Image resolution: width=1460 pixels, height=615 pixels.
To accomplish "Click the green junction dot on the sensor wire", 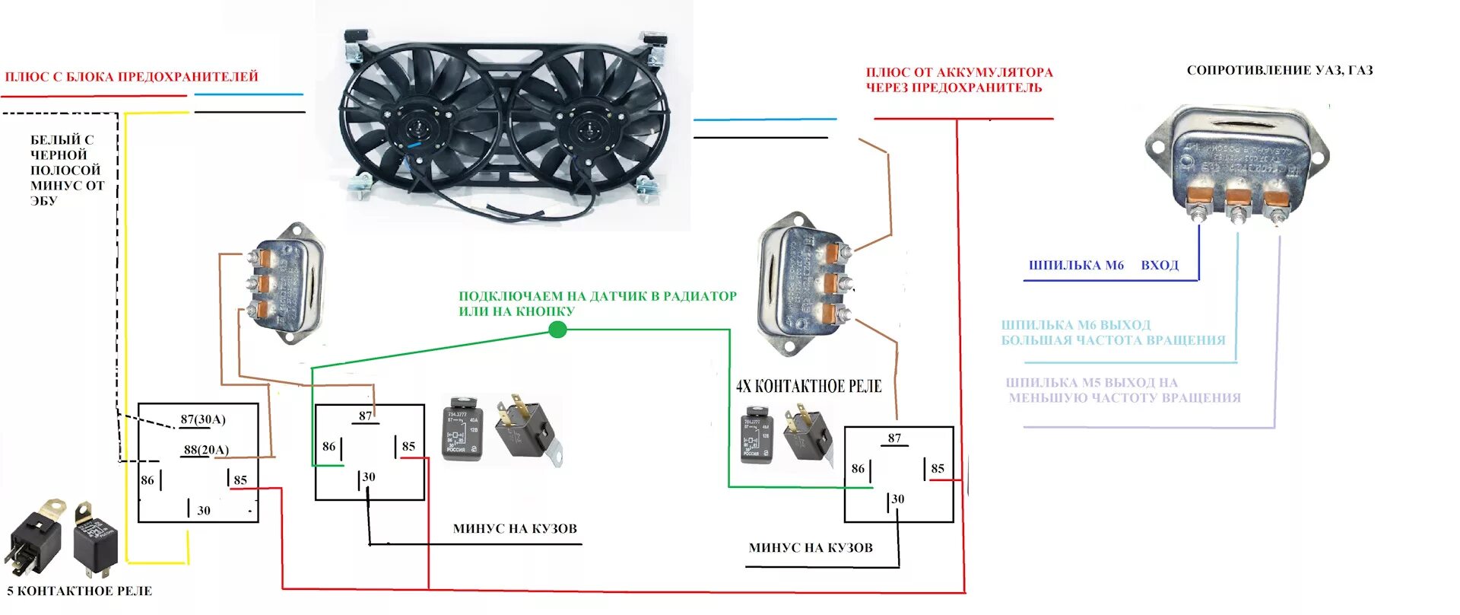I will (x=557, y=330).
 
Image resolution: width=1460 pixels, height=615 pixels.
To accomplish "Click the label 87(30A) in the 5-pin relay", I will (x=202, y=419).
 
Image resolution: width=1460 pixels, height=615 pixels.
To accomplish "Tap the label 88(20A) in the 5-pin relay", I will (x=205, y=450).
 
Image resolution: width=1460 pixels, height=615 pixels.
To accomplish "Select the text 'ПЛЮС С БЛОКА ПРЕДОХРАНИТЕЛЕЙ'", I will (x=132, y=77).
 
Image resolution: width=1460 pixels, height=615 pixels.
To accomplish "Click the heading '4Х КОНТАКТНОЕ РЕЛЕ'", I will (x=808, y=386).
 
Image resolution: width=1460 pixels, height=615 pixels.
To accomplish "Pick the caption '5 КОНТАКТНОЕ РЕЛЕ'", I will (x=80, y=591).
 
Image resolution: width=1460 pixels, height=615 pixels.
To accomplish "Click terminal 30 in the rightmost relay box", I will (x=897, y=499).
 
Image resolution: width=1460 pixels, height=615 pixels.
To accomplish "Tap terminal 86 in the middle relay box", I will (x=328, y=447).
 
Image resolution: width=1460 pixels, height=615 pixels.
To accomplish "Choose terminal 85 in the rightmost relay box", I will (x=938, y=469).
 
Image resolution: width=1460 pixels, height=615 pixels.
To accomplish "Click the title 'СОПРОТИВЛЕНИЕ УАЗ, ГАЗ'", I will (x=1279, y=71).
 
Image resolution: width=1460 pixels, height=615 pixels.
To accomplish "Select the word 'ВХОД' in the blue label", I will (x=1160, y=266).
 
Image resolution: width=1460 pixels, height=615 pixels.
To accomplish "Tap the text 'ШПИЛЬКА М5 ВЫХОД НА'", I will (x=1091, y=383).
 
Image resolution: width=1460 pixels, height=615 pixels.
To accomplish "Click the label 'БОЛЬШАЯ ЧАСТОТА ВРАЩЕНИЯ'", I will (x=1112, y=340).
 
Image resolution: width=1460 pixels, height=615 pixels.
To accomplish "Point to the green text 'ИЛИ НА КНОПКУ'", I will (x=516, y=311).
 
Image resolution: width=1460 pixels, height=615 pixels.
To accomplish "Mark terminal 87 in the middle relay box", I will (x=366, y=416).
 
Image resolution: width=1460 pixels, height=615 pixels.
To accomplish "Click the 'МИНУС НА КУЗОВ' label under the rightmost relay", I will (x=811, y=548).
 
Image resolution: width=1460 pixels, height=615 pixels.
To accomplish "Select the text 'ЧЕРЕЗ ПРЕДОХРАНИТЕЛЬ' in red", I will (x=954, y=88).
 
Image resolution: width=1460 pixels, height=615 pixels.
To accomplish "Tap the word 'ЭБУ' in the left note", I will (x=43, y=201).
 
